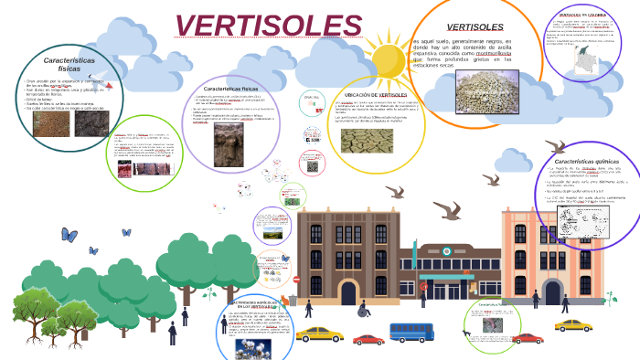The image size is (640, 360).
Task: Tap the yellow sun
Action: [388, 59]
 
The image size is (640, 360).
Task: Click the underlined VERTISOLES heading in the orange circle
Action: [475, 26]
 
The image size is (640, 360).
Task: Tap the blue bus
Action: [411, 332]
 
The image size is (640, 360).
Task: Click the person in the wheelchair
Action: [363, 308]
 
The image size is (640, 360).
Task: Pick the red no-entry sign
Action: [296, 279]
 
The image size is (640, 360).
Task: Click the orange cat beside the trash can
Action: [283, 299]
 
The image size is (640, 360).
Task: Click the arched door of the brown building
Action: [347, 291]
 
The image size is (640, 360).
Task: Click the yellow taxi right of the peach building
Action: [573, 324]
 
